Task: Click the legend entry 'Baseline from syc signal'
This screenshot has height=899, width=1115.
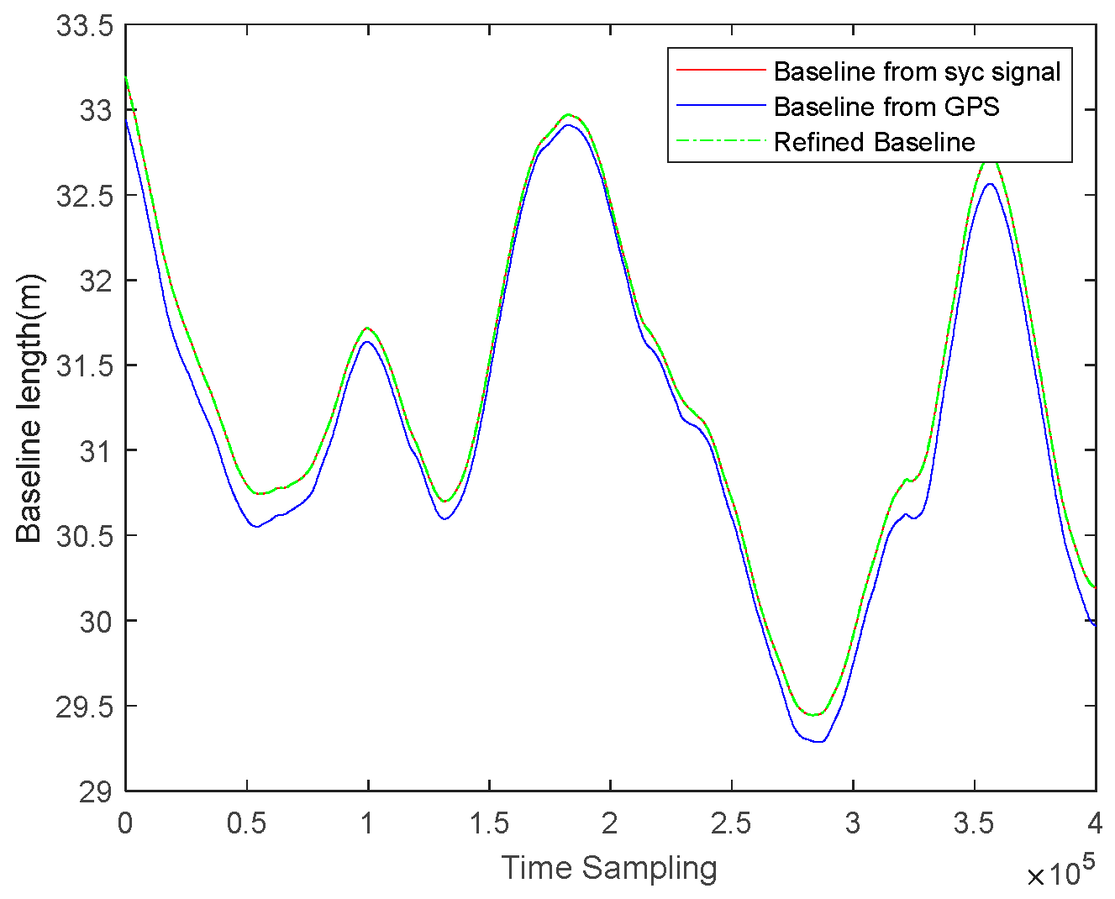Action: pyautogui.click(x=917, y=72)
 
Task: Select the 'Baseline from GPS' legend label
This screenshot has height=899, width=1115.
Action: pyautogui.click(x=886, y=108)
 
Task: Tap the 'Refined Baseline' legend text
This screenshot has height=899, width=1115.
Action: pyautogui.click(x=874, y=142)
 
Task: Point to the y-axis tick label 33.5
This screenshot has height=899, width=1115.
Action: pyautogui.click(x=84, y=26)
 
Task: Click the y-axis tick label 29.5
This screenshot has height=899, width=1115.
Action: pyautogui.click(x=84, y=707)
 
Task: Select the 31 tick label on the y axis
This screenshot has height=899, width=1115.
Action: pyautogui.click(x=96, y=451)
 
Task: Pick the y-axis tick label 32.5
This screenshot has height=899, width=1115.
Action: pyautogui.click(x=84, y=196)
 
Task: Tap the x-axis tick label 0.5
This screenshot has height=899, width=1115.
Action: pyautogui.click(x=246, y=823)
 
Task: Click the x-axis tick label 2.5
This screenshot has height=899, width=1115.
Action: pyautogui.click(x=731, y=823)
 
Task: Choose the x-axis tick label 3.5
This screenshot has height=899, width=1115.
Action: pyautogui.click(x=974, y=823)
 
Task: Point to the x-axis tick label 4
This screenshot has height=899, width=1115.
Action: pyautogui.click(x=1095, y=823)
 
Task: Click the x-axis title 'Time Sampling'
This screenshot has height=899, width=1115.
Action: pyautogui.click(x=609, y=868)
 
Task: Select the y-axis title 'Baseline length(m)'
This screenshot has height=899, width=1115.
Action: pyautogui.click(x=29, y=408)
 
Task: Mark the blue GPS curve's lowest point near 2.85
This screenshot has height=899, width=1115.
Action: pyautogui.click(x=821, y=742)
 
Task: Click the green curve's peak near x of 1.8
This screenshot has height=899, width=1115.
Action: pyautogui.click(x=569, y=114)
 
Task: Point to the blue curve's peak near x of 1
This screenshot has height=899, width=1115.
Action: pyautogui.click(x=367, y=341)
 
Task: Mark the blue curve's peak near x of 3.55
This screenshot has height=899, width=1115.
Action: pyautogui.click(x=989, y=183)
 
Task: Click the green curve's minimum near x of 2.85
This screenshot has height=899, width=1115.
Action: pyautogui.click(x=813, y=715)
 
